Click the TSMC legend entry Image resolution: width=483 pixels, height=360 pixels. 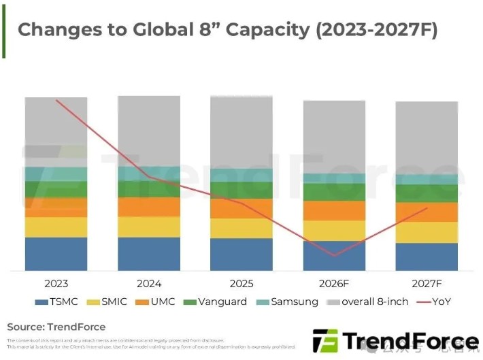pos(56,301)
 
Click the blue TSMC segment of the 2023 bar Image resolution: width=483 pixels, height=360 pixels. pos(56,254)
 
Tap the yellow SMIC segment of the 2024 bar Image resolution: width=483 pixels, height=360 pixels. pos(149,227)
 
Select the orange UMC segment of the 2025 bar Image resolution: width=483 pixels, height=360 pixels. pos(241,208)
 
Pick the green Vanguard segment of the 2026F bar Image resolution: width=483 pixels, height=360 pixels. pos(334,192)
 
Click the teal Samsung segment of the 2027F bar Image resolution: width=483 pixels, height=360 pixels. pos(427,180)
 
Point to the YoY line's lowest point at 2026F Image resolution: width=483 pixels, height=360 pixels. pos(334,256)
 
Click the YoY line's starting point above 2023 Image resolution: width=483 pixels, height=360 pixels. pos(56,101)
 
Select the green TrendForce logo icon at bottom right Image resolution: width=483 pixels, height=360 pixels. pos(324,341)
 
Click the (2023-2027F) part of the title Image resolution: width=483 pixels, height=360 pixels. pos(370,30)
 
